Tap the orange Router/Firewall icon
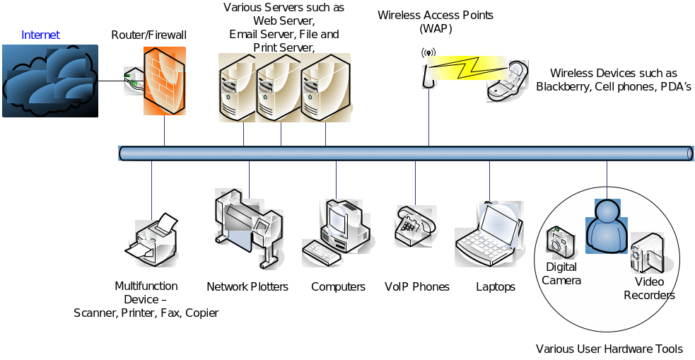pos(164,81)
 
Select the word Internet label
pos(41,35)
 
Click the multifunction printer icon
pos(151,240)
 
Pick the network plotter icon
pos(247,219)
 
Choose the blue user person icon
pos(607,223)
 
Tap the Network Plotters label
pos(247,287)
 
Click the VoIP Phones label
pos(417,287)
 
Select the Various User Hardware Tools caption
pos(609,349)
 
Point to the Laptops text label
pos(496,287)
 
